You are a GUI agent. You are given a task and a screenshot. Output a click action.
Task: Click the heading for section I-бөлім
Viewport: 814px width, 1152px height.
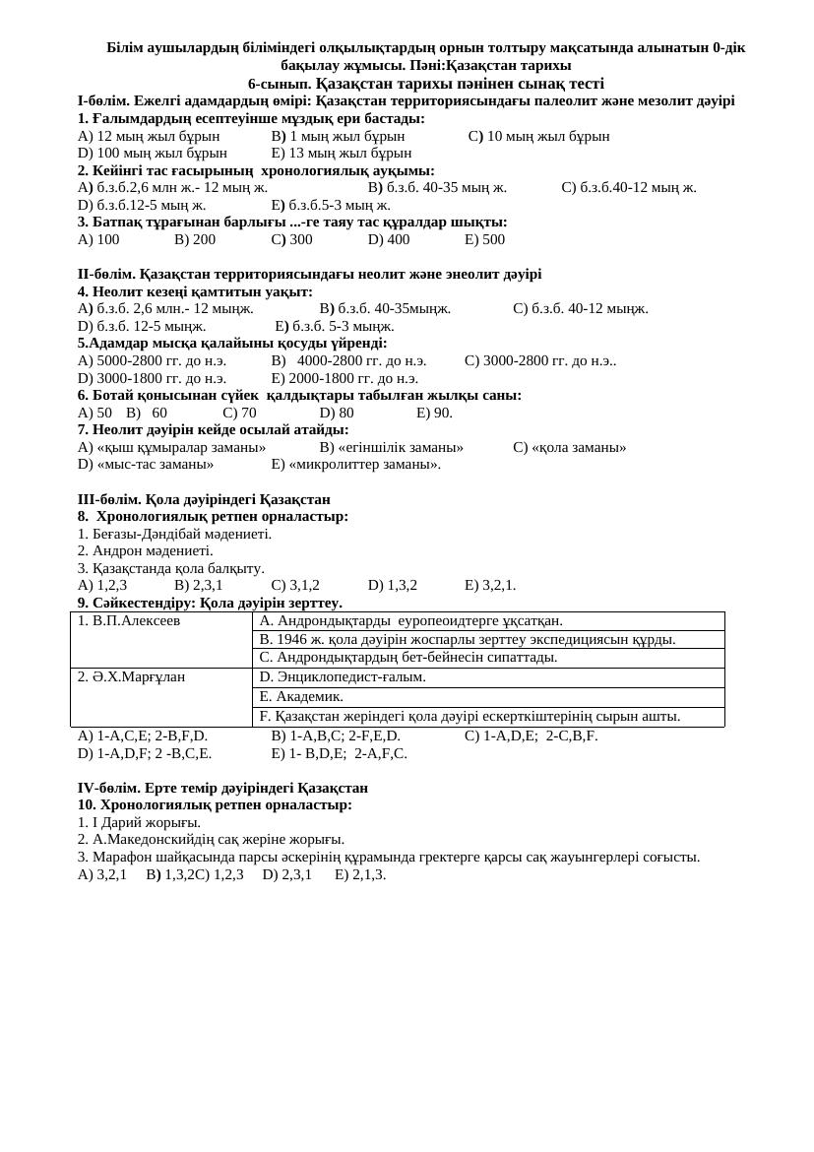406,100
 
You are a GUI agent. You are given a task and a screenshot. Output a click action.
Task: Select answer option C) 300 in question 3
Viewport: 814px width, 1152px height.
291,239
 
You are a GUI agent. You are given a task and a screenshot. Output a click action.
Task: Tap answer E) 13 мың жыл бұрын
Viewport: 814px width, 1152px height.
341,153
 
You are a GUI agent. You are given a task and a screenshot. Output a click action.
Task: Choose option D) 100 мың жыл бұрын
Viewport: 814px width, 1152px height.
152,153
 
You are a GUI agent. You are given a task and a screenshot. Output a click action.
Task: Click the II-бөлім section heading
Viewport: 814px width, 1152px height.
309,274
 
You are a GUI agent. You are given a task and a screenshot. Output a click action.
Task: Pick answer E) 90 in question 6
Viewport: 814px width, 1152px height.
434,413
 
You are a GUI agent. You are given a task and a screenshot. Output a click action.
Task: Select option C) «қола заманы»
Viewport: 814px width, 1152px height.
569,447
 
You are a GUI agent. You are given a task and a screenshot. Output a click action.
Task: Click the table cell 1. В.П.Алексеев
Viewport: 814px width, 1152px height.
129,621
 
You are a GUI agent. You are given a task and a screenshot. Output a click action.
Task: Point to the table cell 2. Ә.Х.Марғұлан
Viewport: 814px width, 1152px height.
131,677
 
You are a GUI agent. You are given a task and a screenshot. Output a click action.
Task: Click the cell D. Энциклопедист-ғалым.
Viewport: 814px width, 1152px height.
343,677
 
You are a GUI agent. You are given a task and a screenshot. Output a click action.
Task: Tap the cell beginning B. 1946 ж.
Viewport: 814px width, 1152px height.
467,639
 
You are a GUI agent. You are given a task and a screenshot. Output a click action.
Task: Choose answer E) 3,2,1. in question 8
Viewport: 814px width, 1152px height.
490,585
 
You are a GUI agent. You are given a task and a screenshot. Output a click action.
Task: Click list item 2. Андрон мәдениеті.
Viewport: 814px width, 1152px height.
145,550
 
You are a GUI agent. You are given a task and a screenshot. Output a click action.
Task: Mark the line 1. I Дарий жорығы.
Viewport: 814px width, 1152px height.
139,822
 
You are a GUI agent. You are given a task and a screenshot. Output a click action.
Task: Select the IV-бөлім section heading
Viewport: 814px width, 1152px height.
222,788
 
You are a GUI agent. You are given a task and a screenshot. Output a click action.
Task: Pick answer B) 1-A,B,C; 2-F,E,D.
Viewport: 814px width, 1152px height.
336,736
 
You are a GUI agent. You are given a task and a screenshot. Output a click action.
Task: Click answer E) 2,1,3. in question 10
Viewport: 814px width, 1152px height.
360,874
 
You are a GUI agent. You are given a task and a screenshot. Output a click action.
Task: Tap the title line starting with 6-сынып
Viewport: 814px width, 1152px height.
425,84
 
